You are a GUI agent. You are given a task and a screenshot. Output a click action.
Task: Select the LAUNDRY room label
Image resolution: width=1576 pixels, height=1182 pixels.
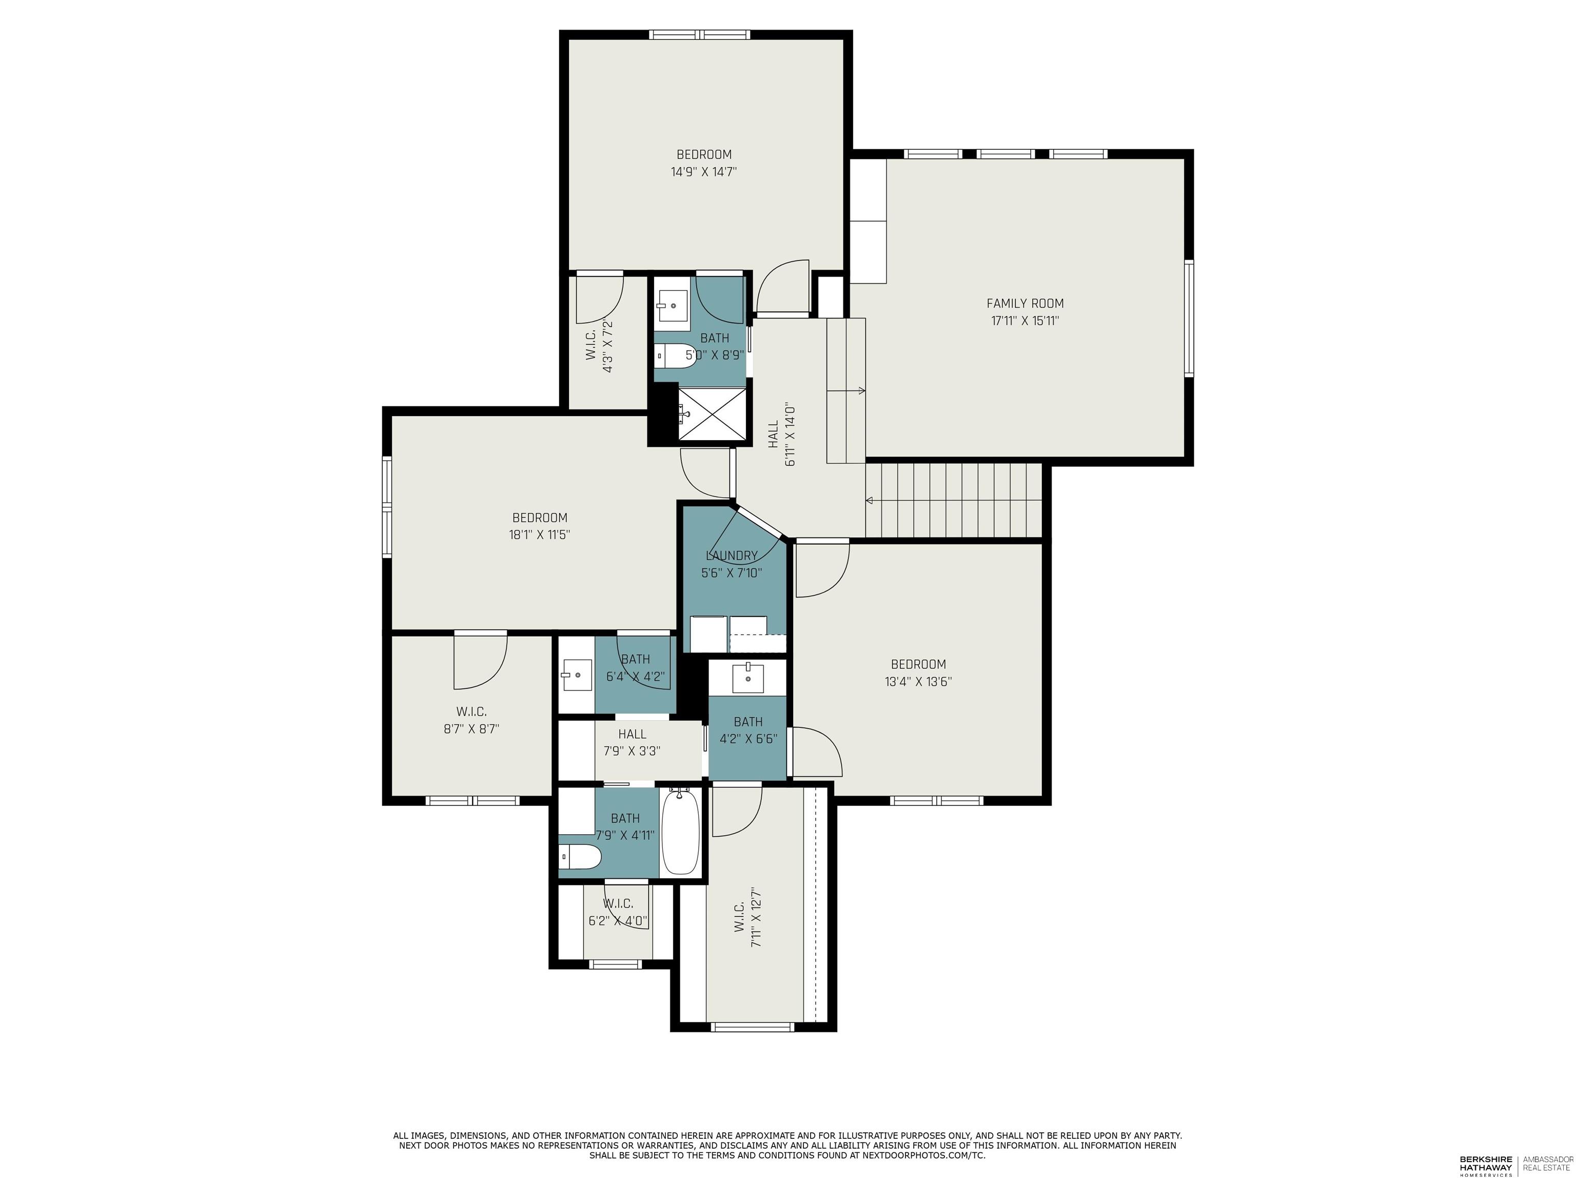tap(732, 556)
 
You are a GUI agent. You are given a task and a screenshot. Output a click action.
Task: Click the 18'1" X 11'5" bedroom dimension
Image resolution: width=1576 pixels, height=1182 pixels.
tap(539, 535)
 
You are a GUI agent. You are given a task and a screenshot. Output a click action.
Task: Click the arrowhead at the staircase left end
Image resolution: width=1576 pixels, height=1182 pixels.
tap(869, 501)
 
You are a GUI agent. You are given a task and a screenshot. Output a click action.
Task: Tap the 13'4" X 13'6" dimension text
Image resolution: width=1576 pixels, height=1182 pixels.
tap(918, 682)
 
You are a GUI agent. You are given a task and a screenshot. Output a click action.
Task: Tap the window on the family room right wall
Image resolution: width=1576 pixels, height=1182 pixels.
tap(1188, 318)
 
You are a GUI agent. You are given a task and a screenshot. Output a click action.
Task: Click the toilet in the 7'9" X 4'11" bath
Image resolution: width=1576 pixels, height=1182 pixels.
tap(579, 857)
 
